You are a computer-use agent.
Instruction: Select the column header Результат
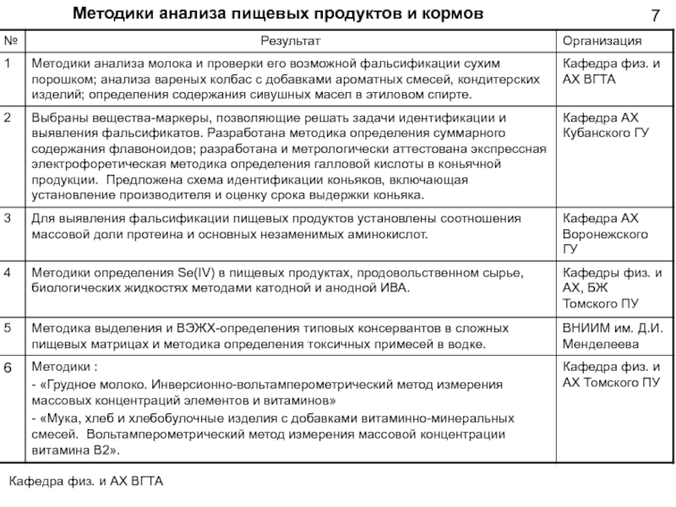pos(291,41)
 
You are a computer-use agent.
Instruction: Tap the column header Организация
pos(602,41)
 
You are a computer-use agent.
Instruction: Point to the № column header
pos(12,41)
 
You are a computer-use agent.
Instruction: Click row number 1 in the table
pos(8,64)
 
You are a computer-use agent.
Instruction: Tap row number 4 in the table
pos(8,274)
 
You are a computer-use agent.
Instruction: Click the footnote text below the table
pos(85,481)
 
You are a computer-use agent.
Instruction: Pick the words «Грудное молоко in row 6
pos(90,384)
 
